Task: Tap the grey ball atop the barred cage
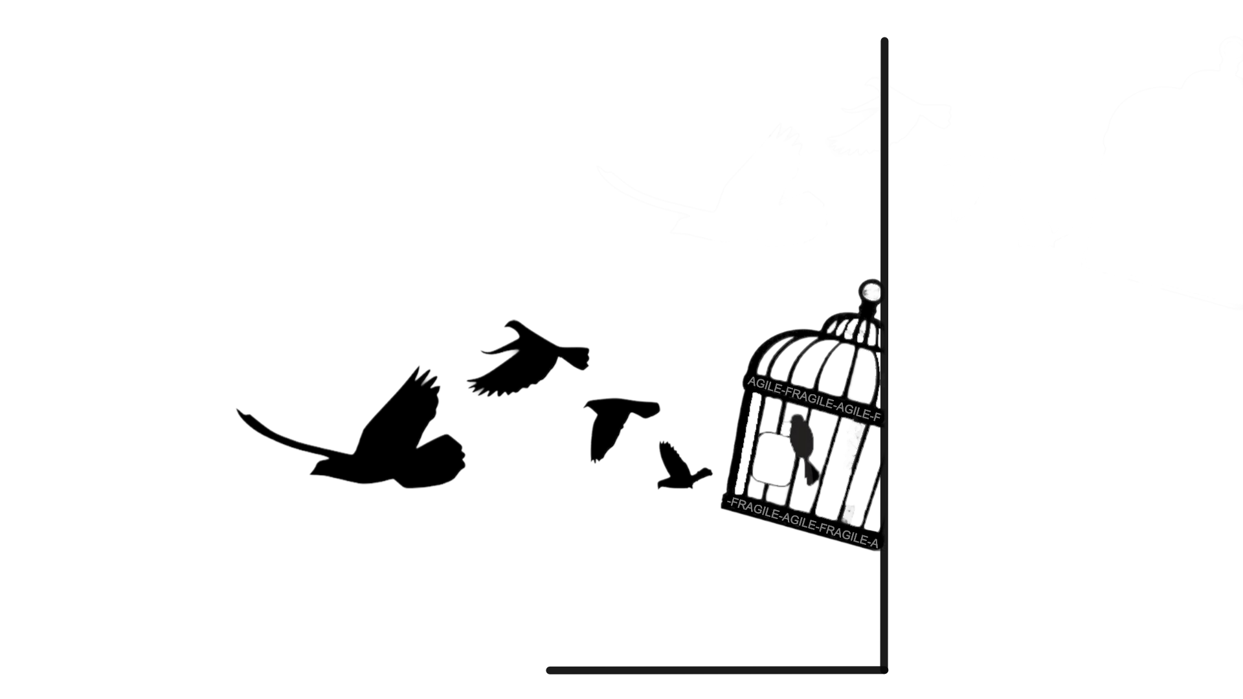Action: [871, 291]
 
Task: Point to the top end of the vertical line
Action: [884, 40]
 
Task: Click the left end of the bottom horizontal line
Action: [549, 670]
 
